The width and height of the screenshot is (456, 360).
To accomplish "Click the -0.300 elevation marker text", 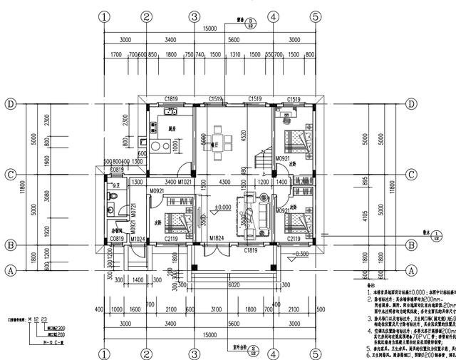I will (x=302, y=254).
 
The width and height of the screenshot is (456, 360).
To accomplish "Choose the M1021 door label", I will (x=186, y=182).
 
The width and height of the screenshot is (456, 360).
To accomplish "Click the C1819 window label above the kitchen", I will (x=172, y=100).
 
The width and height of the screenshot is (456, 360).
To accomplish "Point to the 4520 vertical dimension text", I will (x=243, y=132).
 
